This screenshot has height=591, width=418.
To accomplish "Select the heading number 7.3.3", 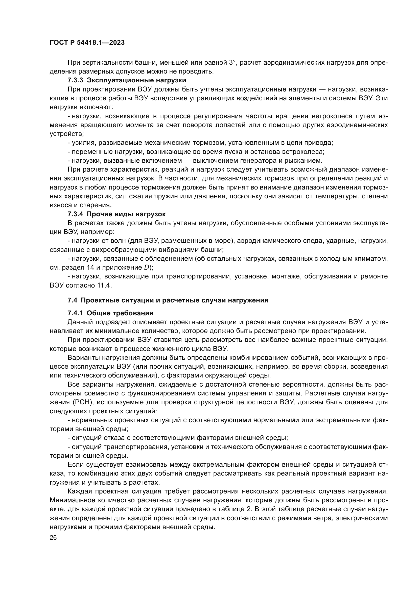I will point(75,80).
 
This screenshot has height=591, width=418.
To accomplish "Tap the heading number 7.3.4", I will point(75,214).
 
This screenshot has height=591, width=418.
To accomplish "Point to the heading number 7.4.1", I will point(75,313).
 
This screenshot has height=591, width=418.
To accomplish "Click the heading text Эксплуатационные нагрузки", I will point(136,80).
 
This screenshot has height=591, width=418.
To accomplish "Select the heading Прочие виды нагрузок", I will point(126,214).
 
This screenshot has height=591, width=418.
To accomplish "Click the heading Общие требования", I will point(120,313).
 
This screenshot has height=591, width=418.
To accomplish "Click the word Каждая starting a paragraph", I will point(80,491).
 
